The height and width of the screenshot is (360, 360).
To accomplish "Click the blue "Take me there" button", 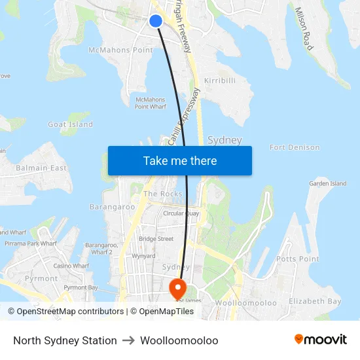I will click(180, 160).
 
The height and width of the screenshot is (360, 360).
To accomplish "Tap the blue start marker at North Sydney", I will click(156, 21).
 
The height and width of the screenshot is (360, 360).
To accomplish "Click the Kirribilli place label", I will click(220, 80).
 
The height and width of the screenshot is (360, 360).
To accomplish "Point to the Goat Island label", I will click(71, 124).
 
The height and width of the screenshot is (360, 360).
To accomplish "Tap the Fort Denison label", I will click(295, 147).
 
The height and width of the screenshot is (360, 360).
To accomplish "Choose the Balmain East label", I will click(42, 168).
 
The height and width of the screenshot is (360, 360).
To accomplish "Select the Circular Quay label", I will click(181, 213).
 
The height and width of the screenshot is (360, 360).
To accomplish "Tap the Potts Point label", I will click(297, 259).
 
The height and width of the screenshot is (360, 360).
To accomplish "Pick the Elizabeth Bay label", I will click(315, 301).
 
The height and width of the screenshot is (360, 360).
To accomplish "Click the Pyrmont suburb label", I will click(41, 278).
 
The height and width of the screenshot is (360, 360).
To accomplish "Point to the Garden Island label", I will click(328, 184).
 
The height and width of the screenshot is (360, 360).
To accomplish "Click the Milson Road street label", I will click(304, 29).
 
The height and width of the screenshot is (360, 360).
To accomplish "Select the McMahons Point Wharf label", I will click(151, 103).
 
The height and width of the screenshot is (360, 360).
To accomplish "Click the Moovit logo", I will click(321, 340).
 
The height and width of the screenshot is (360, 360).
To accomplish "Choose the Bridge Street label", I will click(156, 239).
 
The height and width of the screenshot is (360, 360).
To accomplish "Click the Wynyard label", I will click(143, 256).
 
